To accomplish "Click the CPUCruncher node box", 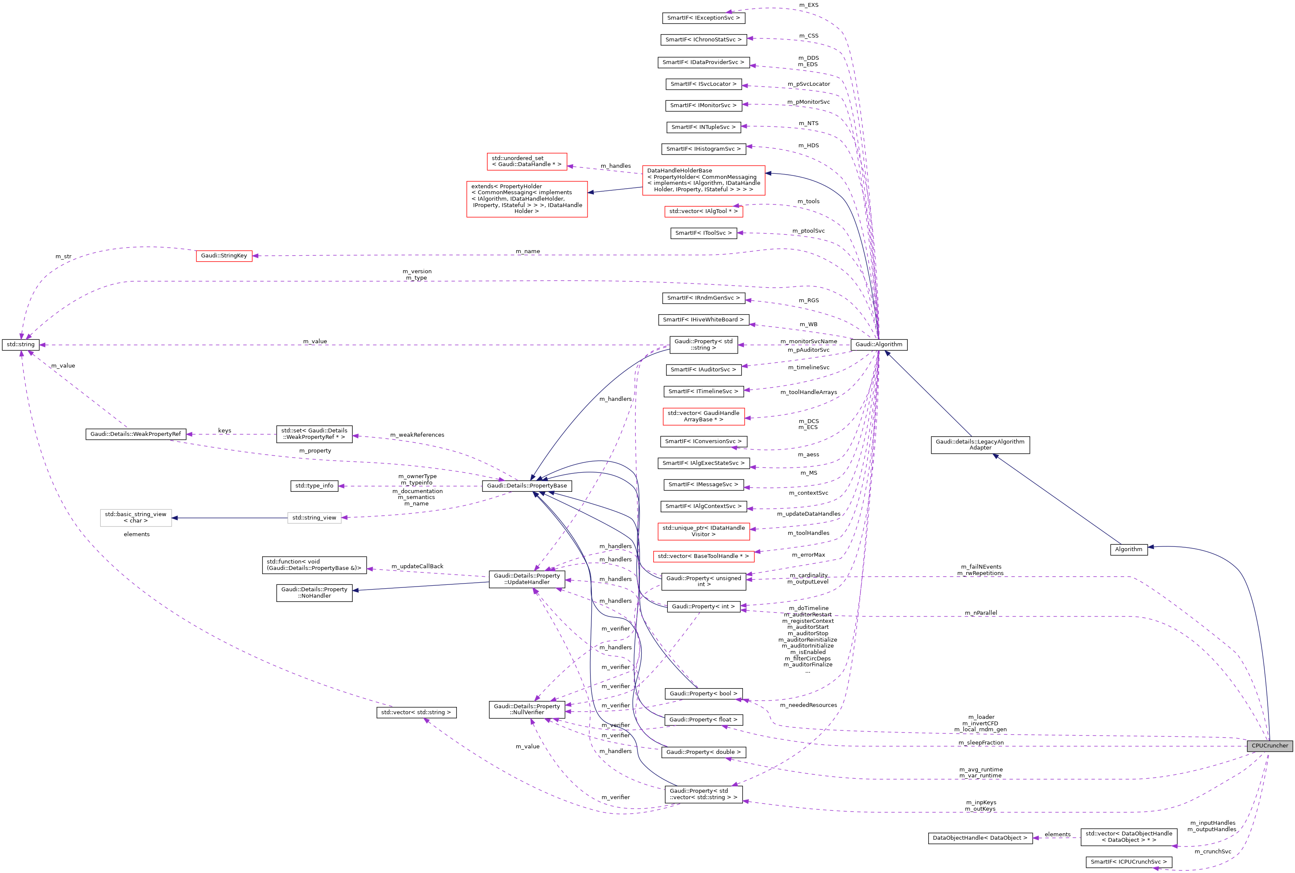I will [1269, 745].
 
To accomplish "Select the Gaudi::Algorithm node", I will [879, 345].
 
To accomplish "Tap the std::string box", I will [20, 345].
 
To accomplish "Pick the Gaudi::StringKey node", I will [224, 256].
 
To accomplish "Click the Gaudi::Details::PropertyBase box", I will [527, 486].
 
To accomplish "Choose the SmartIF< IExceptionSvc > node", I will [703, 18].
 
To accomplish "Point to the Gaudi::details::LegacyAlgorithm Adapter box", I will [980, 445].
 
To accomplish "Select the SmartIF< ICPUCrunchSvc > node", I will [1128, 862].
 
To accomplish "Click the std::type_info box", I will [314, 486].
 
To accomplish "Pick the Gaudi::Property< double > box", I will [703, 752].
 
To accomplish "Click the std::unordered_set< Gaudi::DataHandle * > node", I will [526, 161].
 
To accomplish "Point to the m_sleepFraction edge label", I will [981, 743].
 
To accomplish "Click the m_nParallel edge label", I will [981, 613].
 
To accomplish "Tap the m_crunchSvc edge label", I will [1213, 851].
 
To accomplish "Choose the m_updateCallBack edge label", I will [417, 566].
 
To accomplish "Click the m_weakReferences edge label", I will [417, 435].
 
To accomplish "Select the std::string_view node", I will [314, 518].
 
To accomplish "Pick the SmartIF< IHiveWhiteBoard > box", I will [703, 320].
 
